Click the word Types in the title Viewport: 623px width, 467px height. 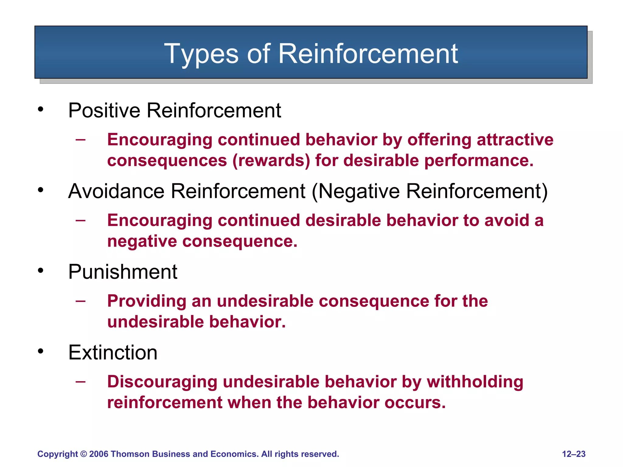(201, 54)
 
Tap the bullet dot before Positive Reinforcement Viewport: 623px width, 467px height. (41, 109)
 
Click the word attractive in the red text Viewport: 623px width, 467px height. (515, 140)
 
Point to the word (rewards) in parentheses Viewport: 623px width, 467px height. (271, 161)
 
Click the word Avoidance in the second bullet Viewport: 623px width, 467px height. (116, 191)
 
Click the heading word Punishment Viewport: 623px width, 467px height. (123, 272)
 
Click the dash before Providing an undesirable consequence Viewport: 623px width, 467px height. (81, 301)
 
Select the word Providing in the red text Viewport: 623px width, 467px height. (147, 301)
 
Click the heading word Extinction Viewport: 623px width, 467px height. (113, 353)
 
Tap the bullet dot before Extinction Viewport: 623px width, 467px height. (41, 351)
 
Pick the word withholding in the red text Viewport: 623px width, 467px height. (475, 382)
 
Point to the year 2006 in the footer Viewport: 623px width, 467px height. (99, 454)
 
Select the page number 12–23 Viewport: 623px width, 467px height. (573, 454)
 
